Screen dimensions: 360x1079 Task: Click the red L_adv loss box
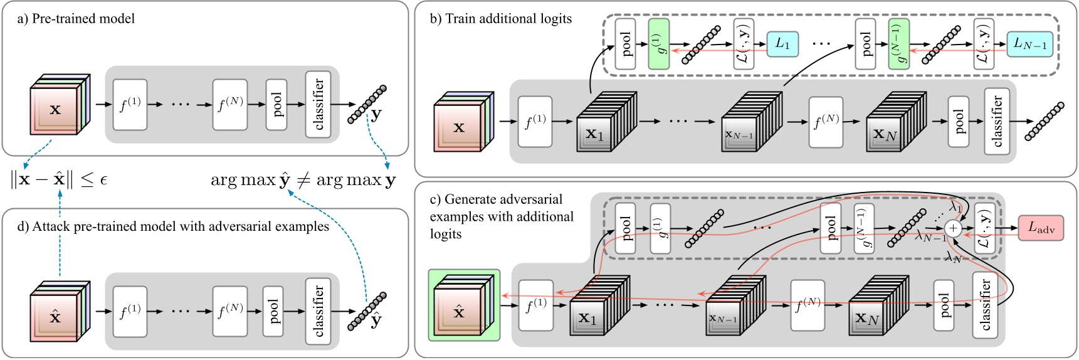tap(1041, 228)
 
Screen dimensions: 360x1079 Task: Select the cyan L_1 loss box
tap(782, 44)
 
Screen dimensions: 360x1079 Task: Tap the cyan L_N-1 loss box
tap(1029, 44)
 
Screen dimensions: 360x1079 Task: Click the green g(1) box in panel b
tap(658, 44)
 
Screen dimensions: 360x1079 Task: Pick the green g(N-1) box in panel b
tap(898, 44)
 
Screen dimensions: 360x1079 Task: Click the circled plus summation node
tap(953, 228)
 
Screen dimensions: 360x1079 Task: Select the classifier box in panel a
tap(318, 104)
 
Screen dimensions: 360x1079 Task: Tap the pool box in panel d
tap(273, 311)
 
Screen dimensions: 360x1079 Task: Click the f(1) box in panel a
tap(130, 105)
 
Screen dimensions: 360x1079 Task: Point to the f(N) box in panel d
tap(230, 311)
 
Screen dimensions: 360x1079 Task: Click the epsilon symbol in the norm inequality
tap(103, 181)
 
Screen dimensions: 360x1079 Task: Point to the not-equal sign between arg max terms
tap(303, 181)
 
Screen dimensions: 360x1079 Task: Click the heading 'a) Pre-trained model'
tap(76, 19)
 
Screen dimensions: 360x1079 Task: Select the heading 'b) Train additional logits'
tap(500, 19)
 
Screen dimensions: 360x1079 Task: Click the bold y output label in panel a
tap(376, 115)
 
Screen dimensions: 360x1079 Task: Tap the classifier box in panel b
tap(997, 122)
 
